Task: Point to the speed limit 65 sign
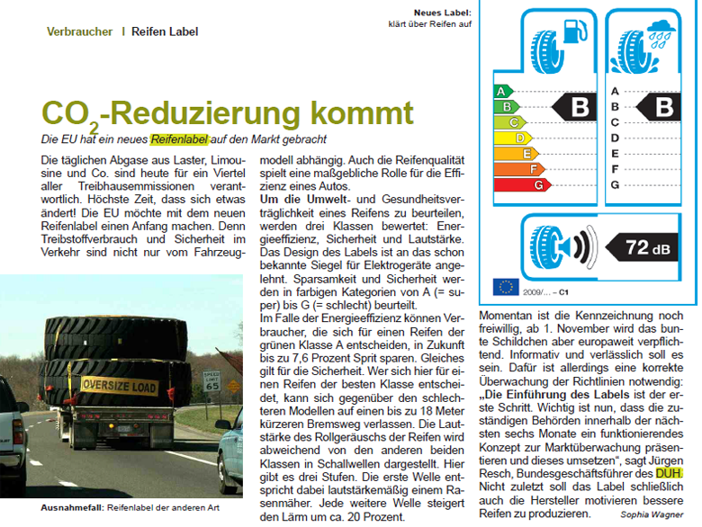coord(211,380)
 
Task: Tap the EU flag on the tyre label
coord(506,287)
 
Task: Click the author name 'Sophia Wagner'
coord(652,514)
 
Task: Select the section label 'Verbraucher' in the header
coord(79,31)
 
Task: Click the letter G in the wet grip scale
coord(615,185)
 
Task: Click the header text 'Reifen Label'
coord(165,31)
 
